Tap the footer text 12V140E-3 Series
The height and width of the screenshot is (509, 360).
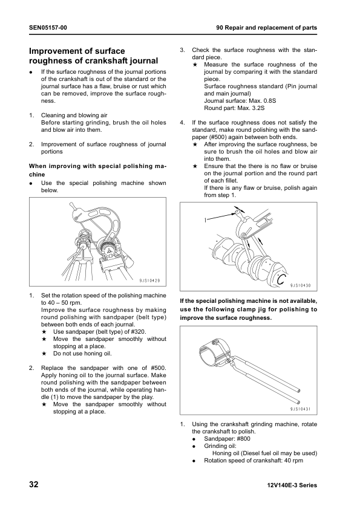pyautogui.click(x=291, y=485)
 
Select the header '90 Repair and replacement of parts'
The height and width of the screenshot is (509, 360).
pyautogui.click(x=267, y=28)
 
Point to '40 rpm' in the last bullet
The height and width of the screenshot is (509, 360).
pyautogui.click(x=290, y=461)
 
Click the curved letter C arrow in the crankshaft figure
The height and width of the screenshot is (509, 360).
pyautogui.click(x=282, y=278)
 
